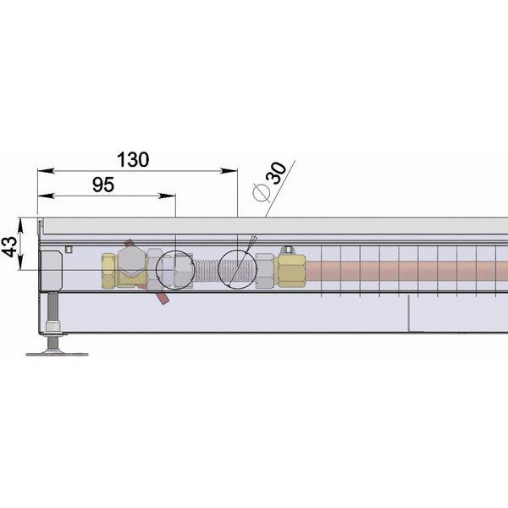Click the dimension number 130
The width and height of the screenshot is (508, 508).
pyautogui.click(x=133, y=159)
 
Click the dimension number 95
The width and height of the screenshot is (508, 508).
pyautogui.click(x=103, y=185)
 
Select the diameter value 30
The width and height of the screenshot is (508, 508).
pyautogui.click(x=276, y=173)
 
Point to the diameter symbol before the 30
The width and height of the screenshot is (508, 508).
pyautogui.click(x=261, y=192)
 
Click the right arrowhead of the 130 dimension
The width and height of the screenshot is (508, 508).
pyautogui.click(x=229, y=170)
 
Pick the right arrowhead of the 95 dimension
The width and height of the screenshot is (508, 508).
pyautogui.click(x=167, y=196)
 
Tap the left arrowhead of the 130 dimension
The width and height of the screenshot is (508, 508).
pyautogui.click(x=46, y=170)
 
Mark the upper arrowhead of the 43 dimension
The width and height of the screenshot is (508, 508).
pyautogui.click(x=20, y=225)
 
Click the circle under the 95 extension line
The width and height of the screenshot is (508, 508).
pyautogui.click(x=157, y=270)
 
